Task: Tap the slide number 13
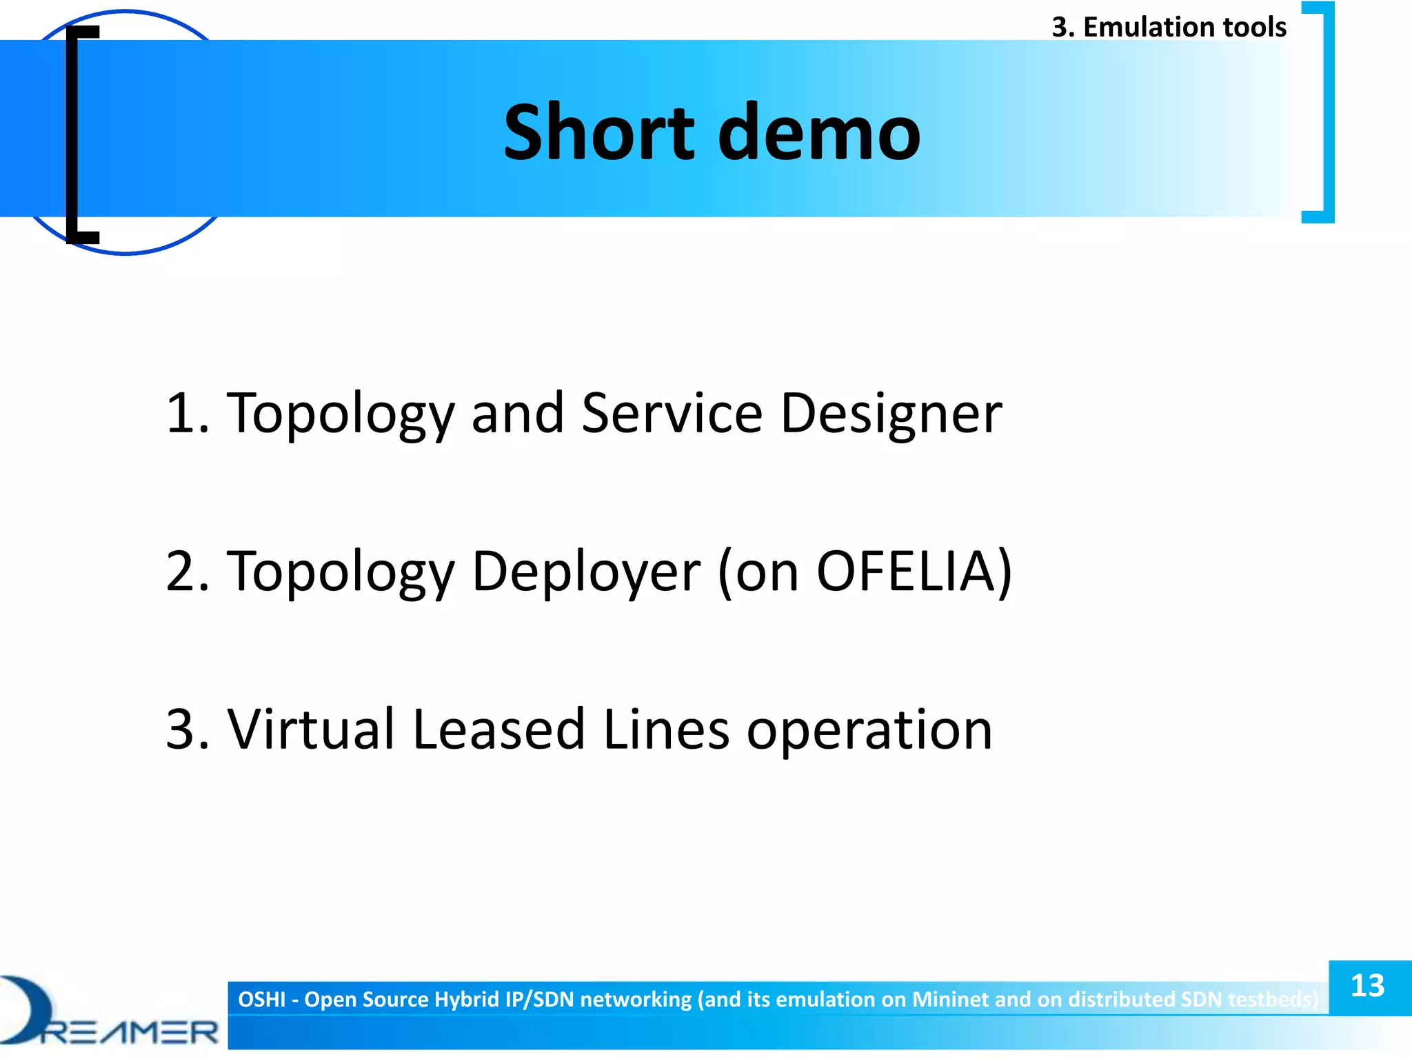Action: (x=1368, y=986)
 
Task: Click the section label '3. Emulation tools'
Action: (x=1169, y=27)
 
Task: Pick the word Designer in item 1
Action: (x=891, y=414)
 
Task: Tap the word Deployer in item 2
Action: (x=586, y=572)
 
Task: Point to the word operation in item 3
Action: (x=869, y=731)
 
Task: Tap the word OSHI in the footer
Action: (x=261, y=999)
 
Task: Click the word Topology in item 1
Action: (x=341, y=414)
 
